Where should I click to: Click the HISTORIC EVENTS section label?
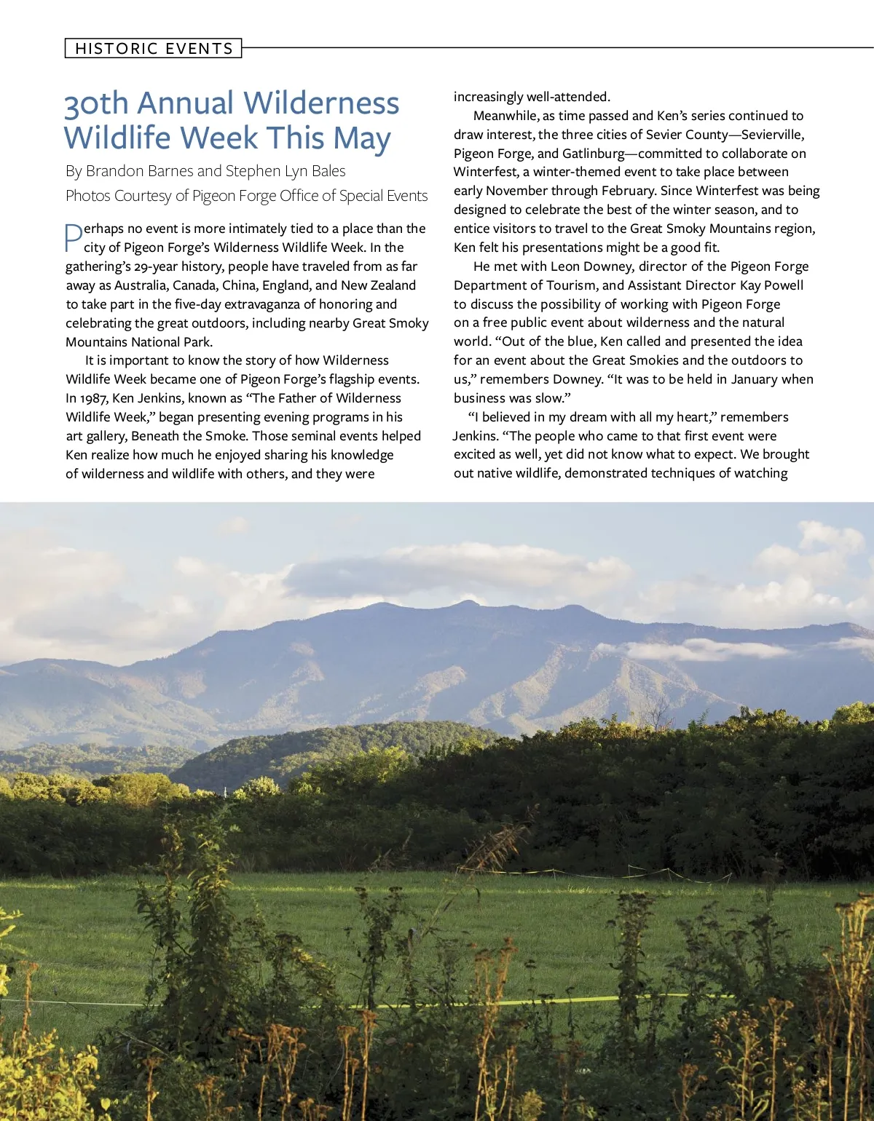point(154,49)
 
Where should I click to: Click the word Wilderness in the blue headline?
point(321,103)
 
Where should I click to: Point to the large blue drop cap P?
point(74,237)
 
